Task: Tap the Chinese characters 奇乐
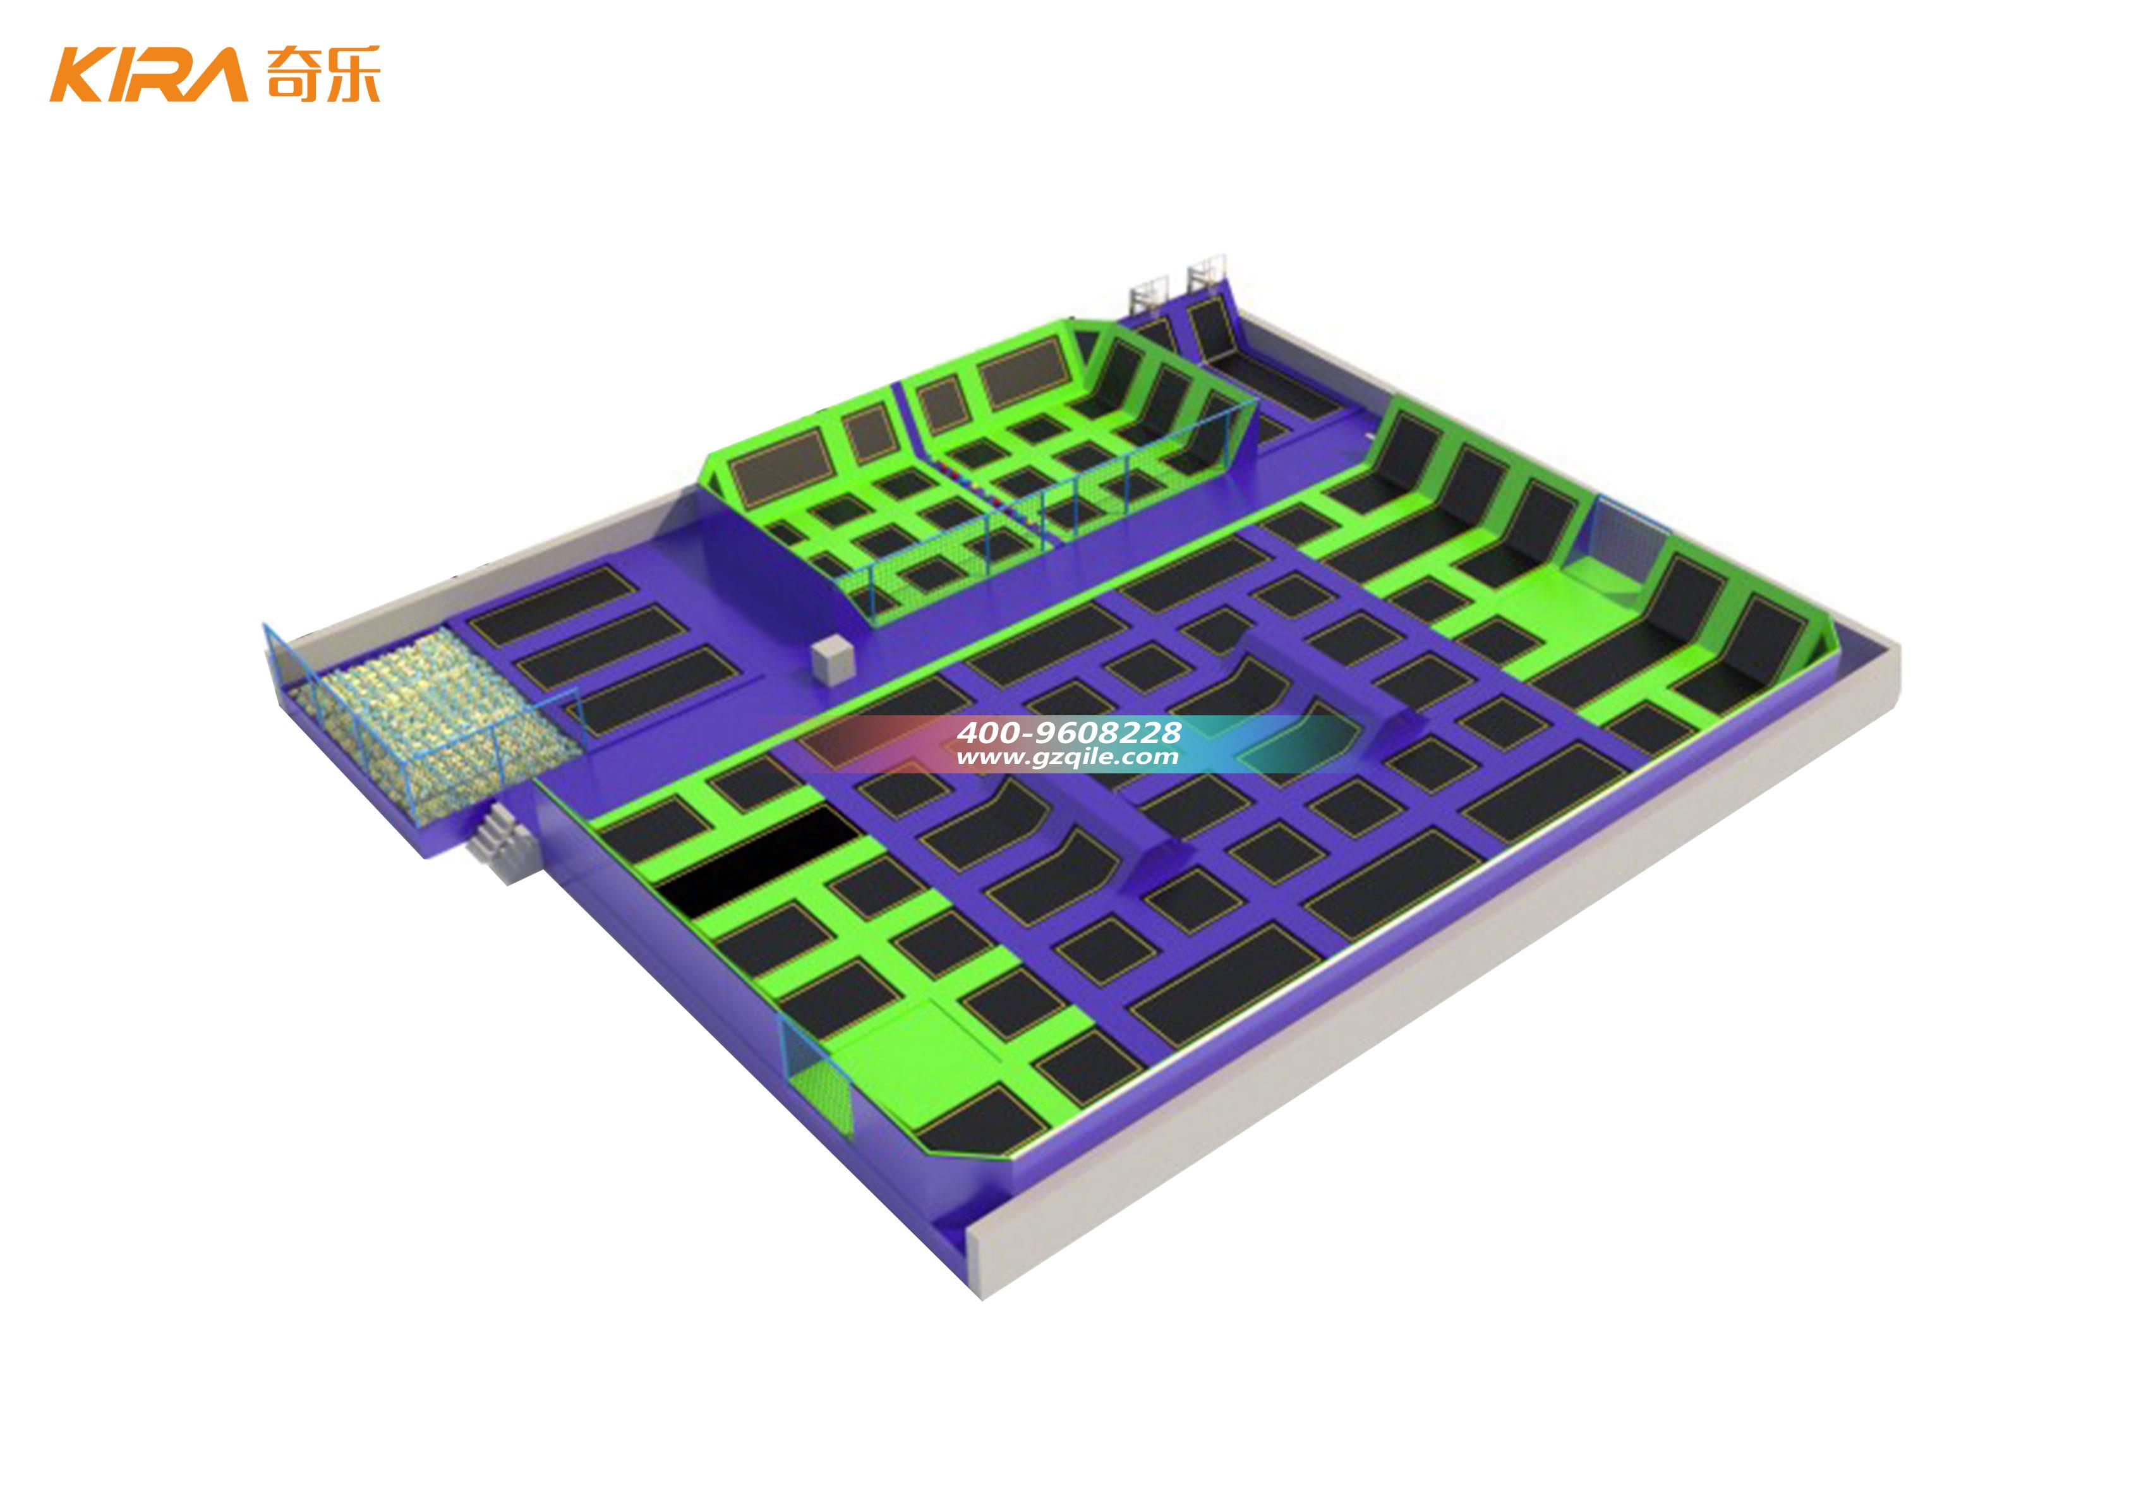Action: [322, 74]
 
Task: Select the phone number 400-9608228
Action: [1068, 732]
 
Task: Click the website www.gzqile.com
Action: [1068, 757]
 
